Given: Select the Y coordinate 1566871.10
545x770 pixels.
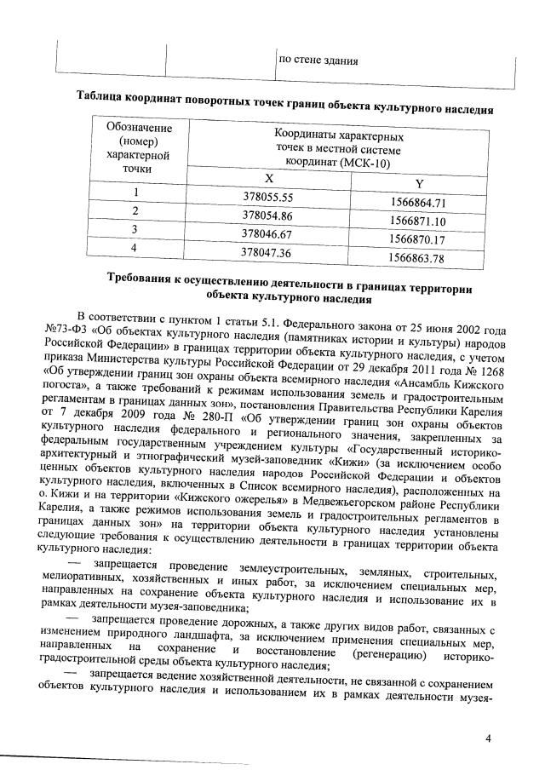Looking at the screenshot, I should click(417, 221).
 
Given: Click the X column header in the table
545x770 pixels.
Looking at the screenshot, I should click(268, 178).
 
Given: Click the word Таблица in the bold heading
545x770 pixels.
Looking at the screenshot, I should click(102, 96).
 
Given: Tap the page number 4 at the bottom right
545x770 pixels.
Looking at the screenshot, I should click(489, 738).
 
